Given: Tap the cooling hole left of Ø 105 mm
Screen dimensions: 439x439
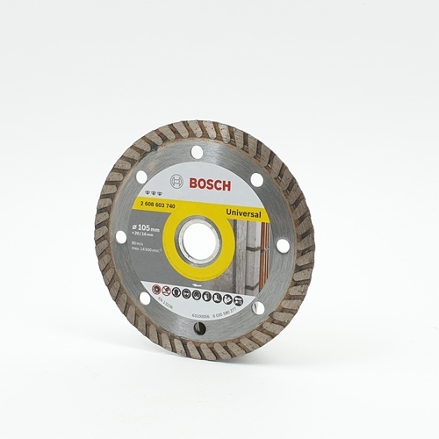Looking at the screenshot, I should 121,236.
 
